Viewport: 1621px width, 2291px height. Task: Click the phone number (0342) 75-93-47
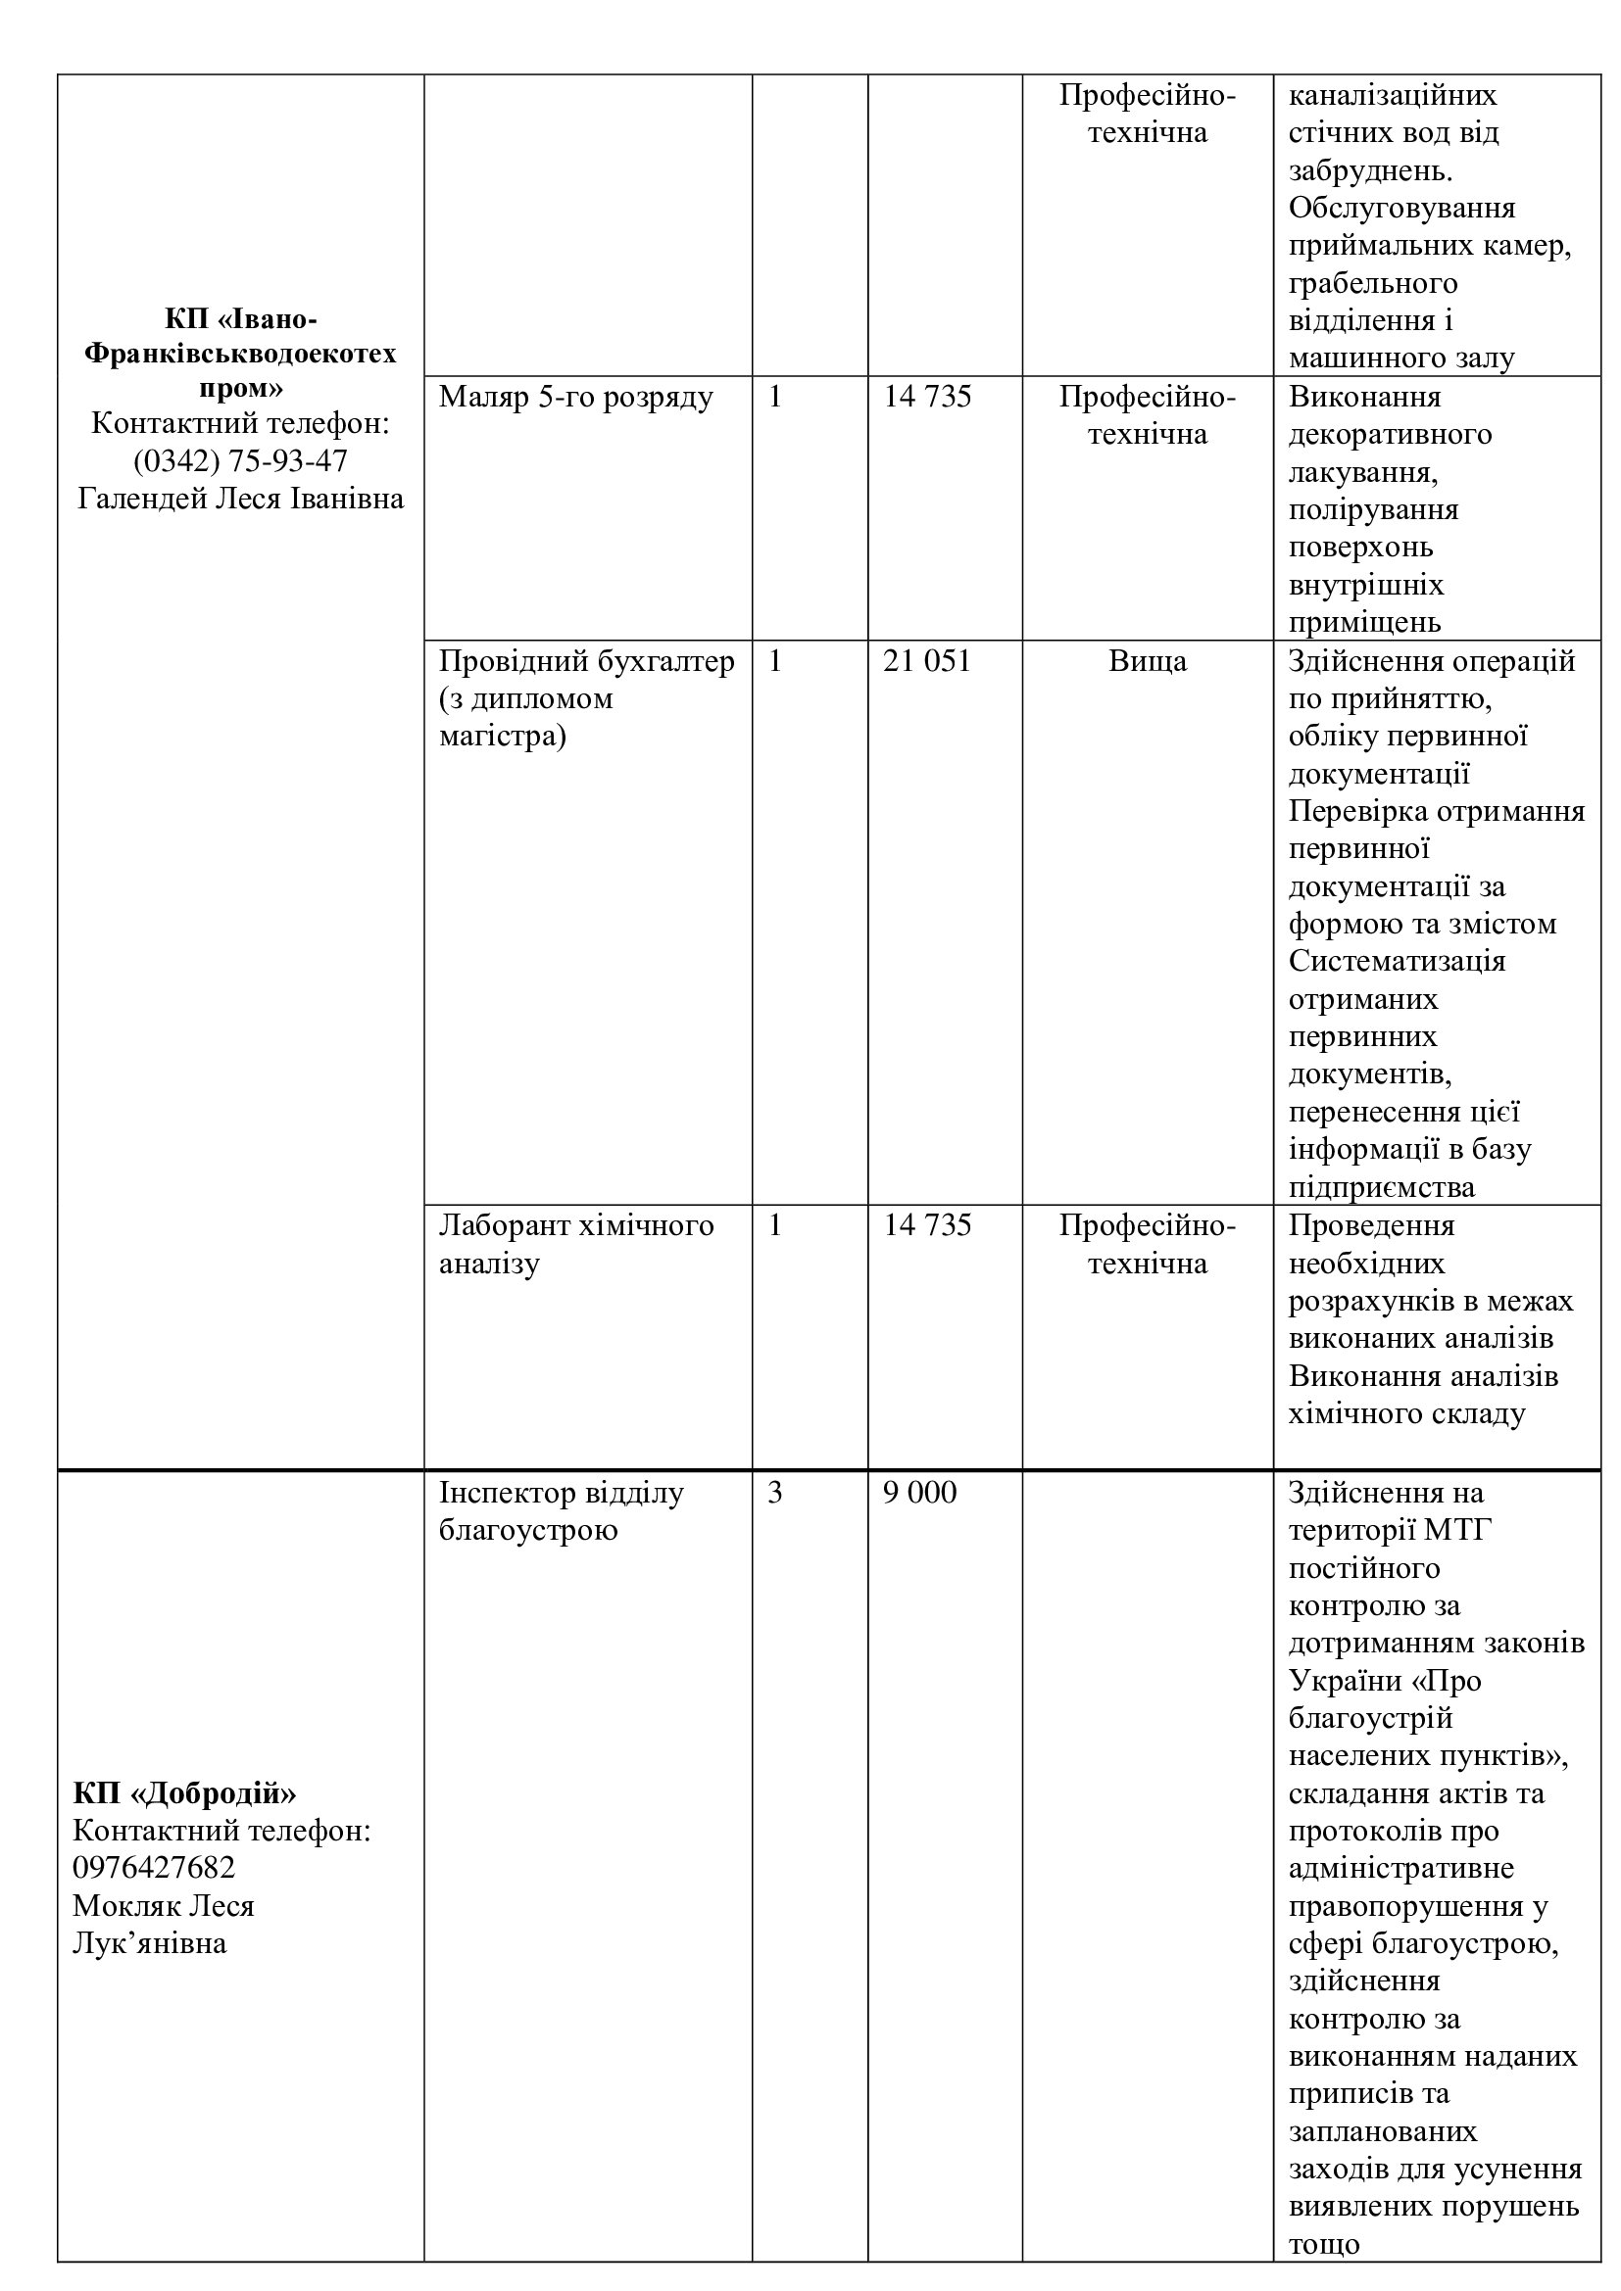coord(239,461)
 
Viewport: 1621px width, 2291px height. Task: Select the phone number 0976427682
coord(154,1868)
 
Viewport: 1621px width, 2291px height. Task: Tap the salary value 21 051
coord(926,661)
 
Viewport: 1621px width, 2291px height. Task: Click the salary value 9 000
coord(919,1493)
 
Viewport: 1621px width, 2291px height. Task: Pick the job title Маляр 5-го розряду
coord(576,397)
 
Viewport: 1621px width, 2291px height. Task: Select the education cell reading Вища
coord(1147,661)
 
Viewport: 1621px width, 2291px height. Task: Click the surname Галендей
coord(143,498)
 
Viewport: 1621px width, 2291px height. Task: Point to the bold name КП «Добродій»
coord(184,1793)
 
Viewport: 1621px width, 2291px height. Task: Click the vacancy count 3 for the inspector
coord(774,1493)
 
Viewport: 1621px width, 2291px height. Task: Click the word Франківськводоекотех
coord(239,354)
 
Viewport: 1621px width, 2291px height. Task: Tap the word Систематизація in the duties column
coord(1397,962)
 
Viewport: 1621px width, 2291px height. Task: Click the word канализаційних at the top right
coord(1393,96)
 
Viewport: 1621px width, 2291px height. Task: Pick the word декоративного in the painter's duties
coord(1390,435)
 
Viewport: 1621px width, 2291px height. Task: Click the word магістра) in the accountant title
coord(502,737)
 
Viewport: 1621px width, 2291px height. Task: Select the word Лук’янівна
coord(150,1943)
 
